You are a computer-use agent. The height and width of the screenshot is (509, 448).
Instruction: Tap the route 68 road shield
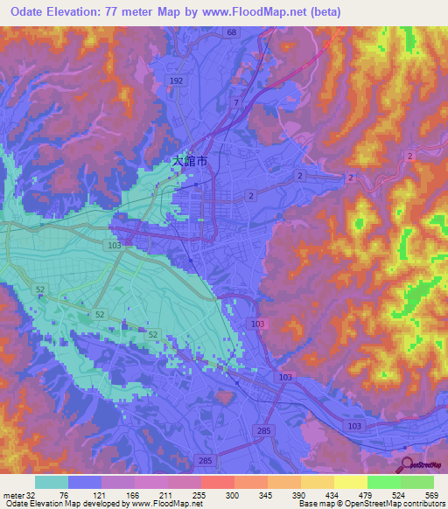coord(231,32)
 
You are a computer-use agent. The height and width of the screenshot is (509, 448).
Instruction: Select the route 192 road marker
coord(176,80)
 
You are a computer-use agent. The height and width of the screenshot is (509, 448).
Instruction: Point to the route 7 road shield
coord(234,103)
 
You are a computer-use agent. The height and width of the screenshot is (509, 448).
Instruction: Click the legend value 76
coord(62,494)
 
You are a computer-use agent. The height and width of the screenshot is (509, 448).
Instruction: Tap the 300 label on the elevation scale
coord(231,494)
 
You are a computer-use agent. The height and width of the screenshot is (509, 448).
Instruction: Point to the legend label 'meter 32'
coord(19,494)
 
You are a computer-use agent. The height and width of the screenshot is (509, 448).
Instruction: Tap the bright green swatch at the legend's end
coord(417,482)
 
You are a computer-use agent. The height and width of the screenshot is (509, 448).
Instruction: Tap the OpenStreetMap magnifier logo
coord(406,464)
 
